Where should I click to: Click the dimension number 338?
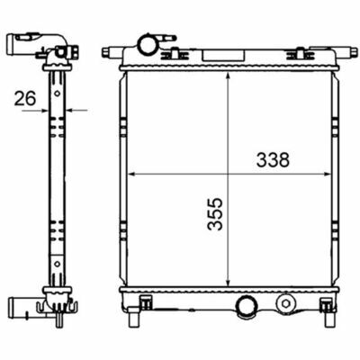(273, 160)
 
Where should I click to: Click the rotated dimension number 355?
(215, 214)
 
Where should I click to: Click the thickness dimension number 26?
(25, 98)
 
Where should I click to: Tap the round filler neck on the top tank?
(147, 44)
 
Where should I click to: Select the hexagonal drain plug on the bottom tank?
(285, 303)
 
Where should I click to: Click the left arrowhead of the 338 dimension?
(132, 174)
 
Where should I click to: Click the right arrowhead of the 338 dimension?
(326, 174)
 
